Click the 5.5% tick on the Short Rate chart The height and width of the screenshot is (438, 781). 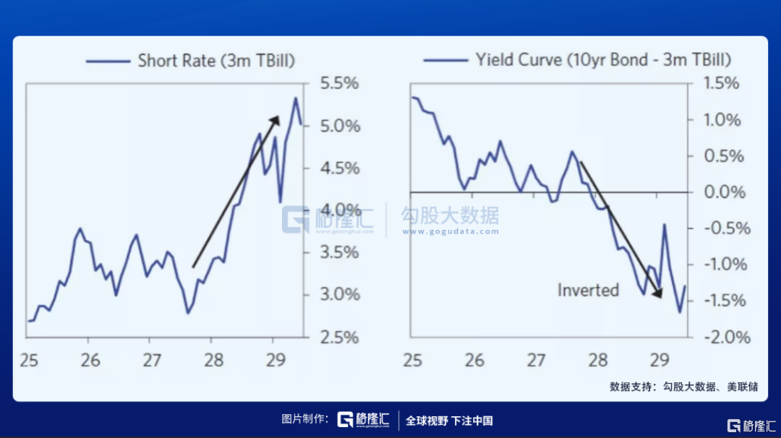339,83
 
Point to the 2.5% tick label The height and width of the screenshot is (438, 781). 339,337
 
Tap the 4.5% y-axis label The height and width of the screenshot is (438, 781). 339,168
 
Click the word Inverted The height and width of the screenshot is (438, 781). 588,290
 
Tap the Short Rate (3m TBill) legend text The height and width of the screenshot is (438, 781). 217,60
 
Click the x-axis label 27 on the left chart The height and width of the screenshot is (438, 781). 150,359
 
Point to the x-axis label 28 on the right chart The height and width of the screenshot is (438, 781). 597,359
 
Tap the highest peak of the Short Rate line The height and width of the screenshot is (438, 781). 295,98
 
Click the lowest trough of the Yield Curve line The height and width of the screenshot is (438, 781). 680,312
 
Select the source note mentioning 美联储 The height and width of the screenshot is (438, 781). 683,387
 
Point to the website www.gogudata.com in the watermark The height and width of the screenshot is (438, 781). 451,232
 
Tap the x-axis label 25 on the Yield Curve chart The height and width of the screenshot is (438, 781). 413,359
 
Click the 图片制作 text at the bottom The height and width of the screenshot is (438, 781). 305,420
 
